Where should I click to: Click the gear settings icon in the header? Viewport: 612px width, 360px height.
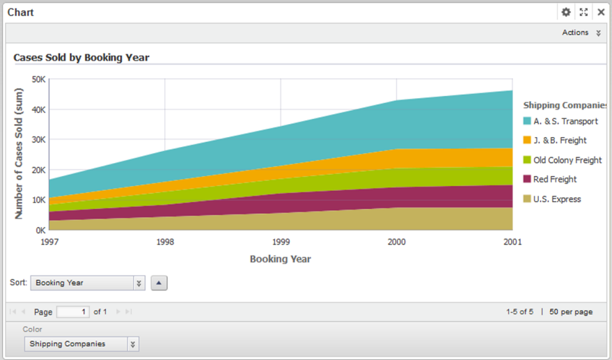(x=566, y=12)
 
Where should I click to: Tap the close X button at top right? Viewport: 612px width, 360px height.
(x=601, y=12)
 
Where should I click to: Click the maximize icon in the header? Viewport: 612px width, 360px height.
(x=583, y=12)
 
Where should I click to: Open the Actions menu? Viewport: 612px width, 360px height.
(x=581, y=33)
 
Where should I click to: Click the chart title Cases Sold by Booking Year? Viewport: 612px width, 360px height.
(x=81, y=58)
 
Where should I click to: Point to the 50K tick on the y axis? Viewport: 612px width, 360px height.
(x=38, y=79)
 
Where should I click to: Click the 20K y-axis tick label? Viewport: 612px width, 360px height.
(x=38, y=170)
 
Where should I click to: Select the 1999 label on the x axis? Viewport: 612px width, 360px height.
(x=281, y=243)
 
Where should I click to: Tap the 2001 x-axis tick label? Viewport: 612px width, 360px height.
(x=512, y=243)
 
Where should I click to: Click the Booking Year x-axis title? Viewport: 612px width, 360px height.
(x=280, y=259)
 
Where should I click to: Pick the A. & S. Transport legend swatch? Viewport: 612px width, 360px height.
(x=527, y=121)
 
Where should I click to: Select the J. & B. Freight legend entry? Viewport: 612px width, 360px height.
(x=560, y=141)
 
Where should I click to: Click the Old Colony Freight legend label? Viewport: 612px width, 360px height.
(x=567, y=160)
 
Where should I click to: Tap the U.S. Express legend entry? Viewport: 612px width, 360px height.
(x=557, y=199)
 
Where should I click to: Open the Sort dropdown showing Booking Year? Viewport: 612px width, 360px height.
(x=86, y=283)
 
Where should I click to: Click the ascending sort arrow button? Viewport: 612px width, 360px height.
(x=159, y=283)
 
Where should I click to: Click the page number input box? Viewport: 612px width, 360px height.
(x=73, y=312)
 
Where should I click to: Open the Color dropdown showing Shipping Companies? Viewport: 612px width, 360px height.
(x=81, y=344)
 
